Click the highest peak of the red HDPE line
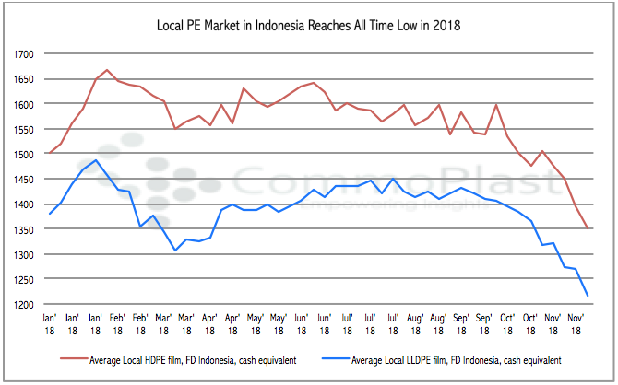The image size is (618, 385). coord(107,70)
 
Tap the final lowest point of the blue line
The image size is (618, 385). coord(588,296)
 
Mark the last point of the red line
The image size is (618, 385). coord(588,228)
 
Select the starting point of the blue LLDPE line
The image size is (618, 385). coord(49,214)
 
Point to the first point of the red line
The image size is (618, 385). coord(49,154)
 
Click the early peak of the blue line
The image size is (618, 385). coord(96,160)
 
